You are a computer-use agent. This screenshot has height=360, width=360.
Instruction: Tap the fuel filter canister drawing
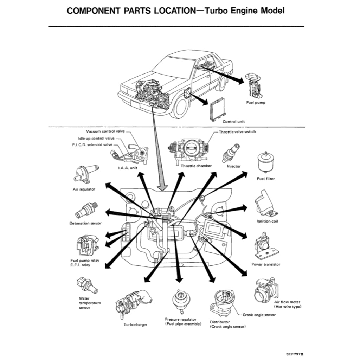(x=266, y=163)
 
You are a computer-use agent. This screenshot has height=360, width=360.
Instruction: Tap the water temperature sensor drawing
(x=86, y=285)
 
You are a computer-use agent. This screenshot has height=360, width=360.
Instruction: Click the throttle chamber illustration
(x=188, y=149)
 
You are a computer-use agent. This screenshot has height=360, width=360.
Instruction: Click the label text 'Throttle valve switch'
(x=237, y=132)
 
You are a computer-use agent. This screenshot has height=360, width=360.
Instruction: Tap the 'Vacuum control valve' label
(x=105, y=131)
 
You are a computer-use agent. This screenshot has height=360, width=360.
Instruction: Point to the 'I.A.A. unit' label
(x=127, y=168)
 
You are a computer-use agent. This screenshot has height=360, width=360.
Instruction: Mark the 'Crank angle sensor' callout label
(x=259, y=315)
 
